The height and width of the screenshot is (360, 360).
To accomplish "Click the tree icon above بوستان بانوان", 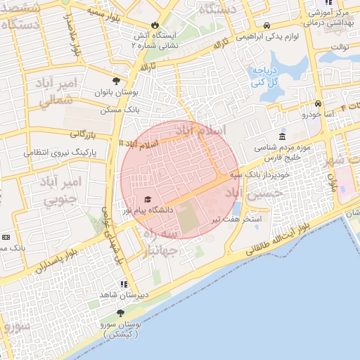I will (116, 80).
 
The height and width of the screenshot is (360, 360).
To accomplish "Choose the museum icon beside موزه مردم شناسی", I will (282, 136).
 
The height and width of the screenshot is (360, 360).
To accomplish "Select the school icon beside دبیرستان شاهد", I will (124, 285).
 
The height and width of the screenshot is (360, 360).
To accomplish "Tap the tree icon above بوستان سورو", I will (120, 313).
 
